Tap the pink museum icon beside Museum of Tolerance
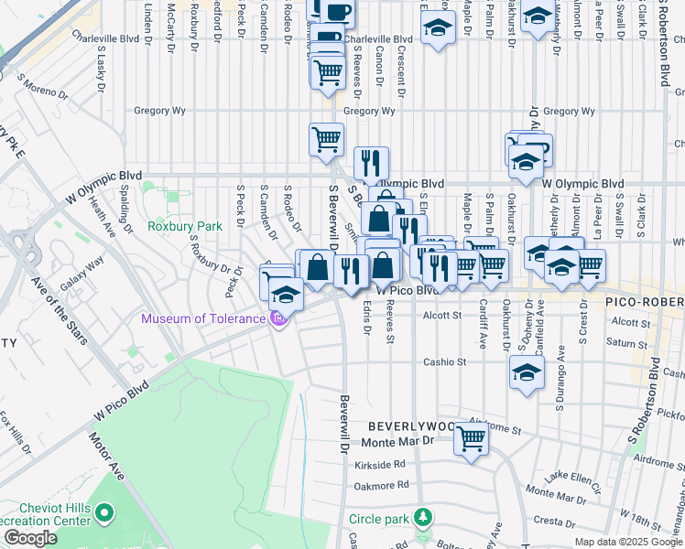pos(277,318)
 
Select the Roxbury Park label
pos(186,225)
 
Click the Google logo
pos(30,538)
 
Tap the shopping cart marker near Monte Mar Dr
pos(471,438)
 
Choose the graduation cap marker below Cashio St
pos(526,371)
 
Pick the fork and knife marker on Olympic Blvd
pos(371,163)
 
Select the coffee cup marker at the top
pos(337,11)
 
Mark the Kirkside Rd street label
pos(379,464)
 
